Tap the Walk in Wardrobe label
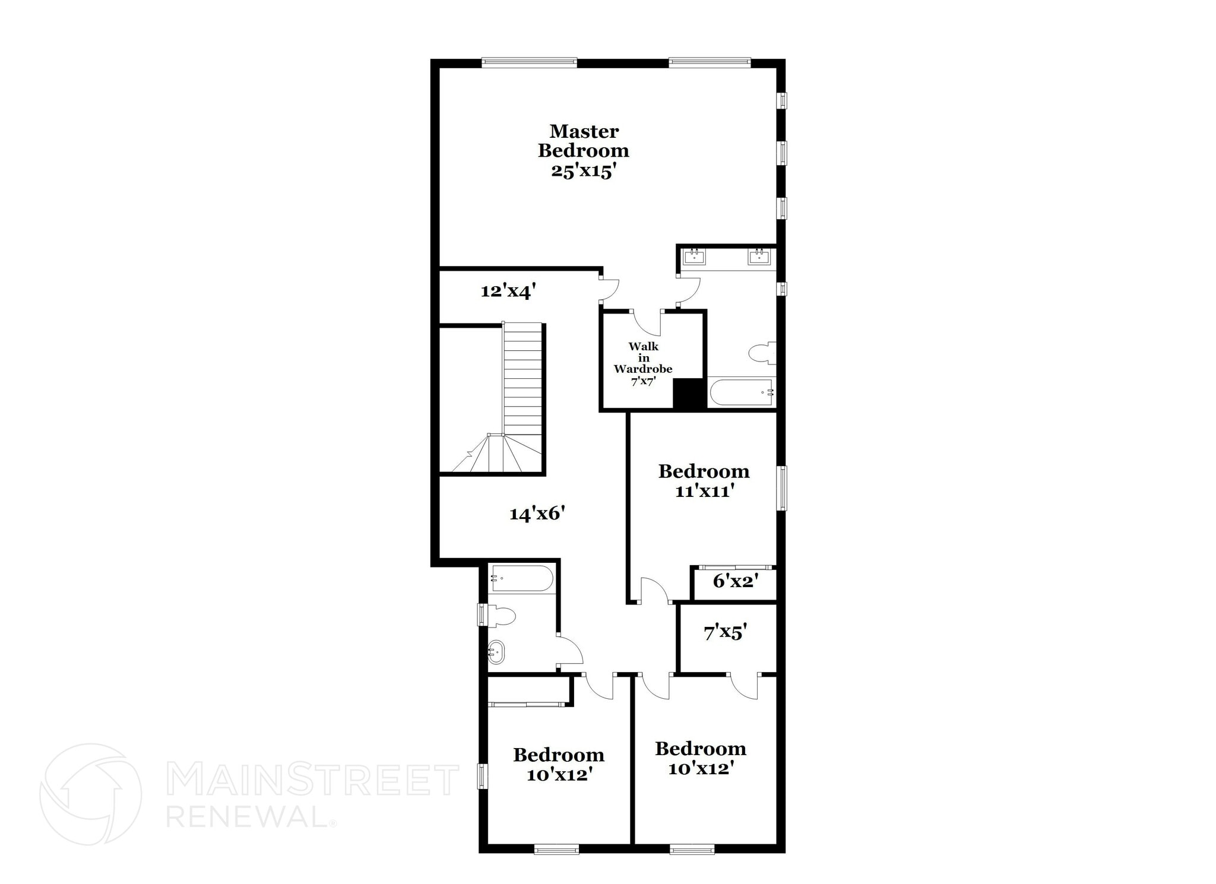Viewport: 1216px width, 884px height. tap(643, 363)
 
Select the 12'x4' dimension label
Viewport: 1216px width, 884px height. tap(508, 291)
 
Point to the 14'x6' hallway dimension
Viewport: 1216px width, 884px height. tap(537, 513)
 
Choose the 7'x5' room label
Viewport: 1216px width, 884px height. tap(725, 633)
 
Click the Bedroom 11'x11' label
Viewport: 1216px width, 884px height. tap(704, 481)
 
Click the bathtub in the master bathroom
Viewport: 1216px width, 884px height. tap(741, 392)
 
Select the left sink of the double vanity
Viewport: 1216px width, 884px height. tap(694, 257)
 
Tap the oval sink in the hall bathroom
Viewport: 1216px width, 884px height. tap(496, 652)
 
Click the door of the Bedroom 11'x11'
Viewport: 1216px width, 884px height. tap(655, 591)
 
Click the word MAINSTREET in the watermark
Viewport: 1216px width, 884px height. tap(312, 780)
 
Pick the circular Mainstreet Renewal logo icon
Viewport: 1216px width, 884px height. tap(90, 794)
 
